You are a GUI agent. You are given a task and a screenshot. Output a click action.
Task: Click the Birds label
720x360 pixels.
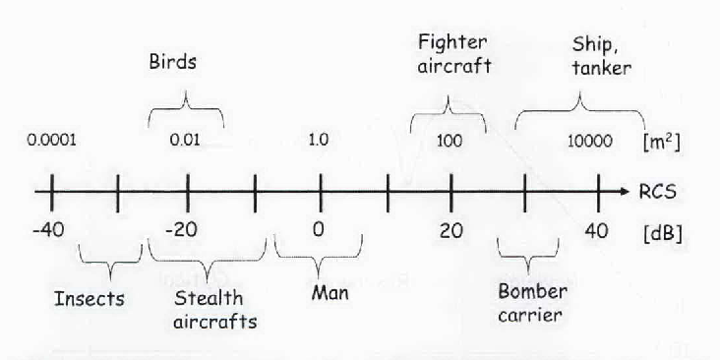tap(173, 62)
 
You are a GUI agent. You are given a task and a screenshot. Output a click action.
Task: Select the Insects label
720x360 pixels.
tap(90, 299)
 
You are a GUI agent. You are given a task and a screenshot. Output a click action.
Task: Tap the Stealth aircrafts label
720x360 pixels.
tap(214, 310)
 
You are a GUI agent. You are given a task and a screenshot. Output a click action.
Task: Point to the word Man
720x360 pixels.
tap(330, 292)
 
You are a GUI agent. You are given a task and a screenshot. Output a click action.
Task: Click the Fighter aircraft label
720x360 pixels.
tap(454, 54)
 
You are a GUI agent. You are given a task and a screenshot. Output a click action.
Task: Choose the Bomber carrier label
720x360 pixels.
tap(532, 303)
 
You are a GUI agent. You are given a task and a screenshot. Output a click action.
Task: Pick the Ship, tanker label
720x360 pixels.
tap(602, 56)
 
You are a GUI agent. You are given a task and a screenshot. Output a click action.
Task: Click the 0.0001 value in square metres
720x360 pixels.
tap(51, 140)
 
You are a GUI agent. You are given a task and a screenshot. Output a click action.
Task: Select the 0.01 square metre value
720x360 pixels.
tap(185, 140)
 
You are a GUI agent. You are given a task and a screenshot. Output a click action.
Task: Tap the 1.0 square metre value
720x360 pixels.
tap(319, 140)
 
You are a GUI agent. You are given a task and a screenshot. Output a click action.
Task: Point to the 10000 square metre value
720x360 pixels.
tap(589, 141)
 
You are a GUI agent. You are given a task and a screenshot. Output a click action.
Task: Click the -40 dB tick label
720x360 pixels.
tap(48, 230)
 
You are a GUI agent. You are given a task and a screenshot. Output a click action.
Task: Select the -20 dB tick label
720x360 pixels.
tap(181, 230)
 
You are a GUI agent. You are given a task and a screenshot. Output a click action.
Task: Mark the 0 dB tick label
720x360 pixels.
tap(319, 229)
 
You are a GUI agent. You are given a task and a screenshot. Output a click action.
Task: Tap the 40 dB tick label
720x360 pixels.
tap(596, 230)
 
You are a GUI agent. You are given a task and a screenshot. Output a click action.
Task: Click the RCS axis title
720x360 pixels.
tap(657, 192)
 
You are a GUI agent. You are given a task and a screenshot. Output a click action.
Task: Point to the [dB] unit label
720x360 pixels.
tap(663, 233)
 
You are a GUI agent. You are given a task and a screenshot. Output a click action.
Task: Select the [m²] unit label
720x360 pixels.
tap(662, 143)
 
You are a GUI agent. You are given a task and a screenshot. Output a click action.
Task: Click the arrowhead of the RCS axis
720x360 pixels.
tap(625, 192)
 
